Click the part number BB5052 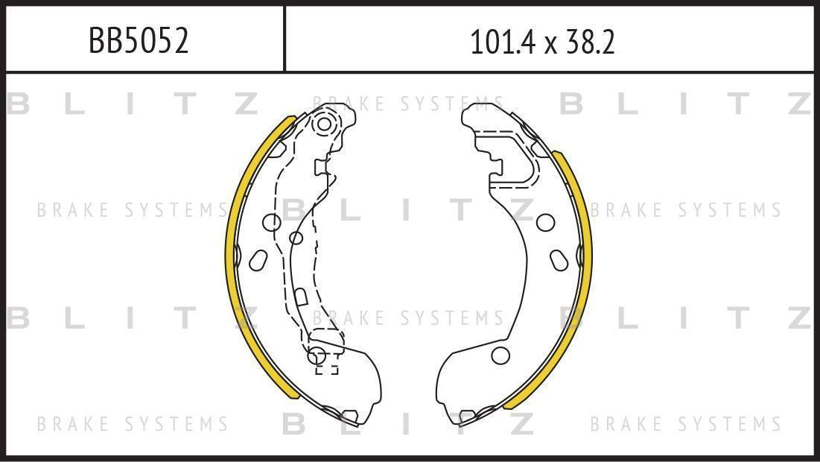(139, 41)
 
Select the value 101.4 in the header (503, 42)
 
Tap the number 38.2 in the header (591, 42)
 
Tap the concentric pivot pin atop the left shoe (324, 124)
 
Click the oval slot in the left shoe (258, 260)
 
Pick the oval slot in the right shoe (559, 260)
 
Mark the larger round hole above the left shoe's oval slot (272, 222)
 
